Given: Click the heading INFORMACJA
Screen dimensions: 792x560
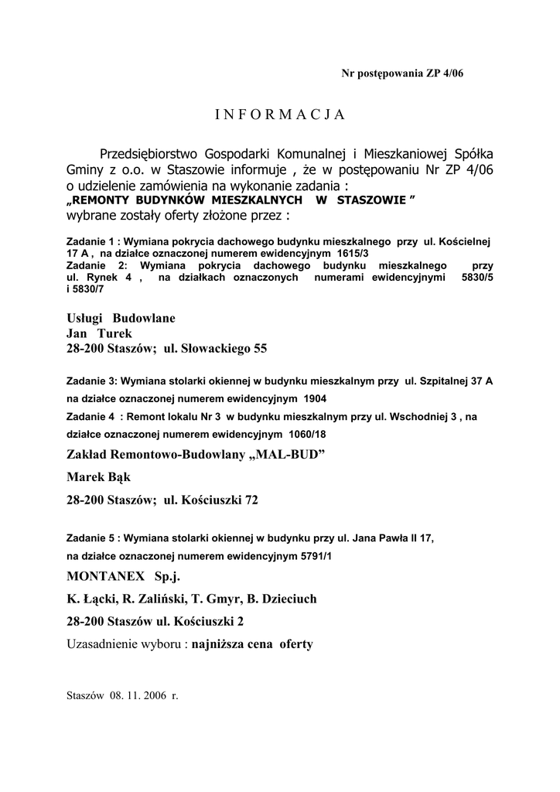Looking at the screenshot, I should (x=279, y=114).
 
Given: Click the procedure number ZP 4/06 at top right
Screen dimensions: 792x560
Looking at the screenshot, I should (x=443, y=73).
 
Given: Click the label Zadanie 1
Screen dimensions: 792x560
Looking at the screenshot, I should (x=92, y=241).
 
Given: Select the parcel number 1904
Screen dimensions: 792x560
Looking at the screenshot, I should (x=316, y=399).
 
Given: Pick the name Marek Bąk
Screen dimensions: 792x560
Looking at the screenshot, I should (x=98, y=477).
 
